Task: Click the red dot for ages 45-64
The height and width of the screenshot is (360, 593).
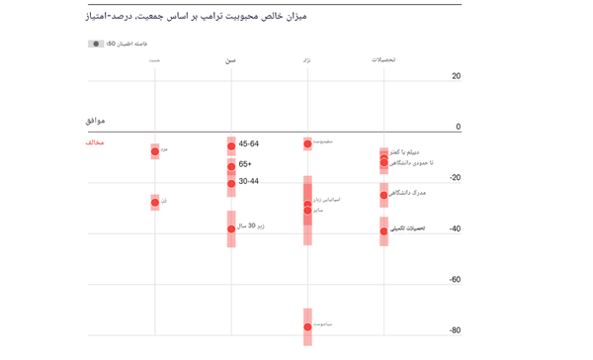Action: click(231, 145)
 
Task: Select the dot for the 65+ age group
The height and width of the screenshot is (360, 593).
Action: click(231, 166)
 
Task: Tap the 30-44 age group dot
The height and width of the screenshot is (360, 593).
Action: click(231, 183)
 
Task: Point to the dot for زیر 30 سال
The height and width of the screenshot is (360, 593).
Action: click(231, 228)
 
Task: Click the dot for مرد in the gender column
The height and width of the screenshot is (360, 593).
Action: click(155, 151)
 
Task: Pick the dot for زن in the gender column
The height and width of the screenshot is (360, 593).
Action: click(155, 202)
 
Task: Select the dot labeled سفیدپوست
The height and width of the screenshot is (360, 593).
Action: click(307, 144)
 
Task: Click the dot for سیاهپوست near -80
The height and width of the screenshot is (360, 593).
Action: click(307, 326)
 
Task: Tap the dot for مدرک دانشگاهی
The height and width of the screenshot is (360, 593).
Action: click(383, 195)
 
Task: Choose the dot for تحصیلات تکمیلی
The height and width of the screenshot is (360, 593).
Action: click(383, 231)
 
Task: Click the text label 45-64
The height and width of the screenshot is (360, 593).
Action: click(249, 144)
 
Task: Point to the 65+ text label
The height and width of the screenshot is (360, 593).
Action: click(245, 164)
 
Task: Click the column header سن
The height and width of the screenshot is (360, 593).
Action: click(230, 60)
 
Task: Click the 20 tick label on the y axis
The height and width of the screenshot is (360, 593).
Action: click(456, 76)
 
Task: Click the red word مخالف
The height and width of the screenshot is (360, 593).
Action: click(95, 142)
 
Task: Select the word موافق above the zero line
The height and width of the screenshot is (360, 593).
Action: click(95, 121)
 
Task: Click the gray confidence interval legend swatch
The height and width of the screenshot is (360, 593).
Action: click(96, 45)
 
